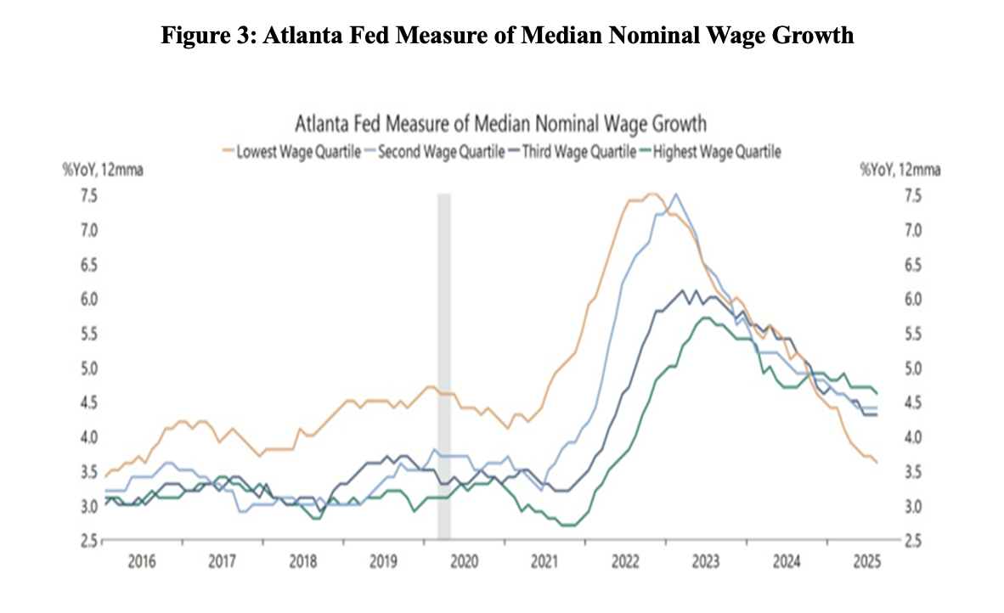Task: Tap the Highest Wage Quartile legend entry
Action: coord(714,152)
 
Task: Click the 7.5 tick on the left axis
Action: coord(89,196)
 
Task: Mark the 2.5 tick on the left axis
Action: coord(89,541)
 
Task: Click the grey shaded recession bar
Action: coord(443,365)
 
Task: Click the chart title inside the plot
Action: coord(500,125)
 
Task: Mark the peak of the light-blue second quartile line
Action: coord(676,194)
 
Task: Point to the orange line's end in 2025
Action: coord(877,462)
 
